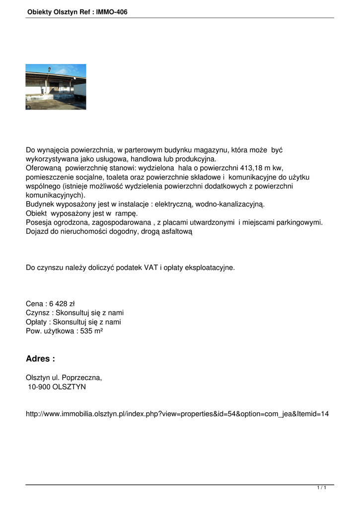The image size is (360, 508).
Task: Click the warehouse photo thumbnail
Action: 56,87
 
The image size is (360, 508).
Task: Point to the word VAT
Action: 151,268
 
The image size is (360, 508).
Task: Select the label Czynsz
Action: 38,313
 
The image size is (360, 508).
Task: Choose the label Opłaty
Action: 37,322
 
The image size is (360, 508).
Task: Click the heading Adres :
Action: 40,359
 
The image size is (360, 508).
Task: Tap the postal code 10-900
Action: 38,386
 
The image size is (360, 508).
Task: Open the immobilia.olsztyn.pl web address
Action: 177,414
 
